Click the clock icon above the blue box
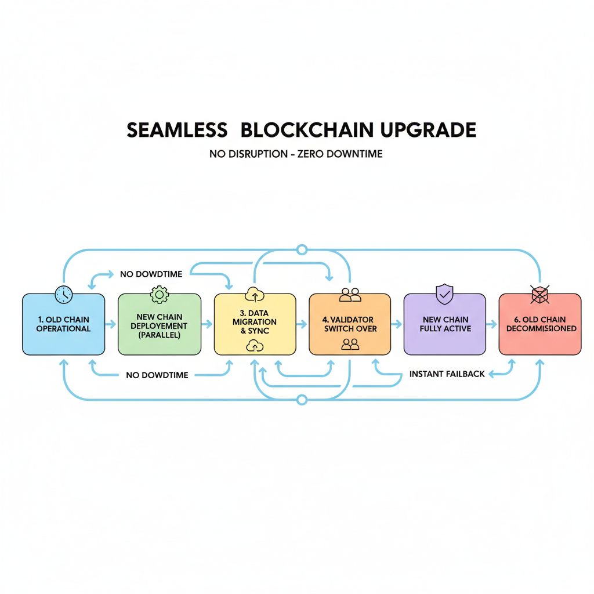click(63, 294)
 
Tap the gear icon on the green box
click(159, 295)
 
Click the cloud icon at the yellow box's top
click(255, 295)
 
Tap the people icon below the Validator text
click(350, 344)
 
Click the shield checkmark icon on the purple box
click(444, 294)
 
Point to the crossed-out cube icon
click(540, 295)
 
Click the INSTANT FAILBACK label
click(447, 374)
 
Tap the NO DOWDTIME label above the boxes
click(150, 274)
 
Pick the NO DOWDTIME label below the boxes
click(157, 375)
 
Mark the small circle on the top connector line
click(301, 250)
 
